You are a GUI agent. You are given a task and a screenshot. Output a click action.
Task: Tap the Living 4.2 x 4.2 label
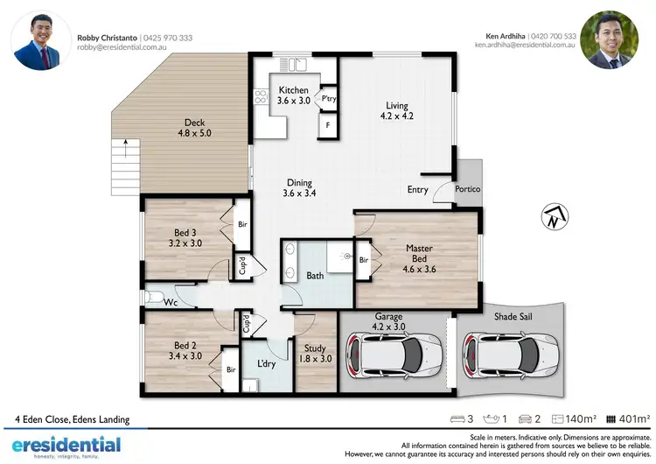tap(395, 111)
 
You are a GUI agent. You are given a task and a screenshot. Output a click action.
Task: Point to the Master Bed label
tap(419, 254)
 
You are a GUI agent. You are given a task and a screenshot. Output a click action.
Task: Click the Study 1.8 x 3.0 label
tap(315, 353)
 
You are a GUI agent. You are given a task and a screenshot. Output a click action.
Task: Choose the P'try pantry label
tap(329, 99)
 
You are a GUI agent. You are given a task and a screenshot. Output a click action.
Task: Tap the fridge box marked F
tap(327, 125)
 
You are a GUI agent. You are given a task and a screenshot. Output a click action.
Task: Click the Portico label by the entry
tap(468, 190)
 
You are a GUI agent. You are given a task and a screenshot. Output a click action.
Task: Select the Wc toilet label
tap(171, 303)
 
